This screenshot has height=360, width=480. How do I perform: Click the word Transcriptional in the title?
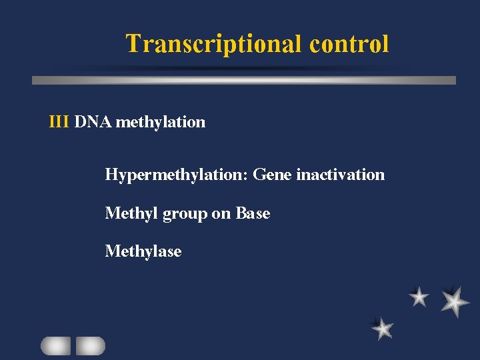click(x=214, y=44)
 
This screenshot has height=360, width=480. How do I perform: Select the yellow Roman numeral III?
click(x=59, y=122)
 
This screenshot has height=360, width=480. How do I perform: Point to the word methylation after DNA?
click(x=160, y=122)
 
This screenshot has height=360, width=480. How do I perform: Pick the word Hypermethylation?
click(x=176, y=175)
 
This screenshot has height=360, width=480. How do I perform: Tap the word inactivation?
click(x=340, y=175)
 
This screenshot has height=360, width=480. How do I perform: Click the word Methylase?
click(x=143, y=251)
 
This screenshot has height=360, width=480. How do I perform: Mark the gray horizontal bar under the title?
click(x=244, y=80)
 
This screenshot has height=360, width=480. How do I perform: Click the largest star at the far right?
click(x=454, y=301)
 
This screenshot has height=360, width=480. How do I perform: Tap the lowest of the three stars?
click(x=383, y=328)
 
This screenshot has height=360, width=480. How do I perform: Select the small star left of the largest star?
click(x=419, y=297)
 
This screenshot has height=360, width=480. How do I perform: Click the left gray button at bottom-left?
click(x=55, y=345)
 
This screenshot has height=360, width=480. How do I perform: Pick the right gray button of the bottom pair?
click(x=90, y=345)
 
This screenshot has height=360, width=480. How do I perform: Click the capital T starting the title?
click(x=133, y=44)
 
